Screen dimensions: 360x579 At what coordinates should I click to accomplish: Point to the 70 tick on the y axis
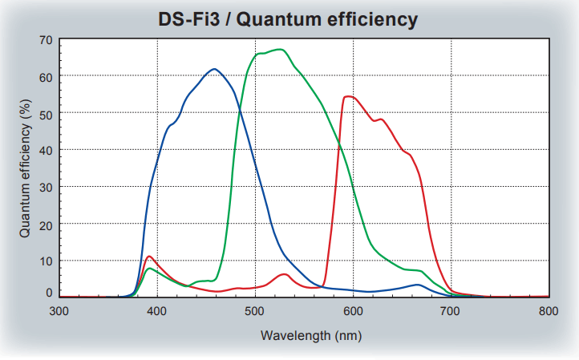[45, 39]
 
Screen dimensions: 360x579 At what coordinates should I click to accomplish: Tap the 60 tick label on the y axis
[45, 76]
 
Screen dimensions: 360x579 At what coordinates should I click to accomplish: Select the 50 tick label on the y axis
[45, 113]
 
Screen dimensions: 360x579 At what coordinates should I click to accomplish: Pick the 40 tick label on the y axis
[45, 150]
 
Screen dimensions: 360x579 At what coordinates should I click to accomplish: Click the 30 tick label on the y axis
[45, 187]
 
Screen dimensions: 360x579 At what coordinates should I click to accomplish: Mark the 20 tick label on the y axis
[45, 224]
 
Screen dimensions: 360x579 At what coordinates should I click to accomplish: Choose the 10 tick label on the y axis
[45, 261]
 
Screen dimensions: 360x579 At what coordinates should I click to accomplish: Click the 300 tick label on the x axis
[59, 309]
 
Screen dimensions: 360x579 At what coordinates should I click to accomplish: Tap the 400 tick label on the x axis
[157, 309]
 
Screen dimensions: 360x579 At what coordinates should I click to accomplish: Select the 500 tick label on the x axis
[255, 309]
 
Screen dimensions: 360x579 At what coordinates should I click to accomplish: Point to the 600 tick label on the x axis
[353, 309]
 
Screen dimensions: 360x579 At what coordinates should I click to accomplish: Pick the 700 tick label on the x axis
[451, 309]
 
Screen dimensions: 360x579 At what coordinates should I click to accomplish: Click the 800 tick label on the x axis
[549, 309]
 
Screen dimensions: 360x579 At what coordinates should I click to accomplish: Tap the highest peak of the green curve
[278, 50]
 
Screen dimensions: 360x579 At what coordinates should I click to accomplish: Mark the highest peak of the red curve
[348, 96]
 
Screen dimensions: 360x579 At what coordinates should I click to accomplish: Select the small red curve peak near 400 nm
[150, 257]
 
